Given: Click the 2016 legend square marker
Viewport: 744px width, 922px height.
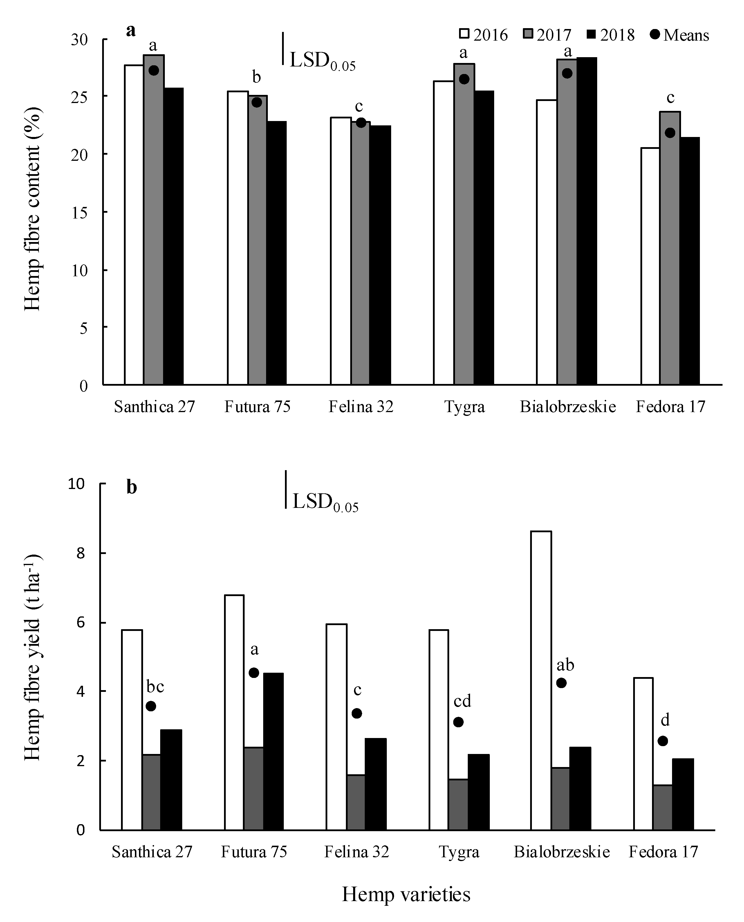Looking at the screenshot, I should click(x=465, y=34).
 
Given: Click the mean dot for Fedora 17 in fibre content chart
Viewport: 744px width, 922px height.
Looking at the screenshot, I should click(x=670, y=133).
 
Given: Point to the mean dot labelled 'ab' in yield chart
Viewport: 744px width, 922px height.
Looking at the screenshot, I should click(x=561, y=683).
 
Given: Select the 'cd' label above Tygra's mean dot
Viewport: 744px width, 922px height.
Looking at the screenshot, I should click(x=463, y=701).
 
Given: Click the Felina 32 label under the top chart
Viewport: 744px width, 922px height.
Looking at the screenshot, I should click(x=361, y=406).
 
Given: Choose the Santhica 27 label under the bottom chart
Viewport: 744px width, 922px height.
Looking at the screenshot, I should click(x=152, y=852).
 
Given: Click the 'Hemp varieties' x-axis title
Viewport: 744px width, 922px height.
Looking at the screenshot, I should click(x=406, y=894).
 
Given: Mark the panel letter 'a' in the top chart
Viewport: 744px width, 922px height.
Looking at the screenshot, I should click(x=131, y=30).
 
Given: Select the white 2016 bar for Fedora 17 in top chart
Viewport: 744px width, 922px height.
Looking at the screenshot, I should click(x=650, y=266).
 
